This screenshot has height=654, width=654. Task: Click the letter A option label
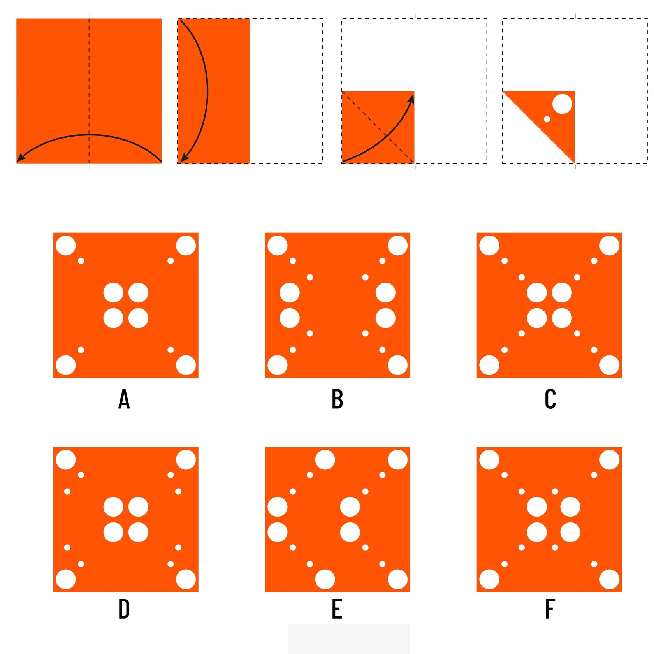click(x=124, y=399)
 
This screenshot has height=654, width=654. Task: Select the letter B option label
click(x=337, y=399)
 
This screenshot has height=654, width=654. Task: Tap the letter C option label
click(x=550, y=399)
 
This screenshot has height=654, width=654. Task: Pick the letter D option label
click(x=124, y=609)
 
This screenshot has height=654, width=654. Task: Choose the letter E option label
click(x=337, y=609)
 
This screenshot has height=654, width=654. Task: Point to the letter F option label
click(x=549, y=609)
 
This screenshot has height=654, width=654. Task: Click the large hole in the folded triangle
click(x=562, y=104)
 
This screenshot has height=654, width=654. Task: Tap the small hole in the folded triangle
click(x=547, y=119)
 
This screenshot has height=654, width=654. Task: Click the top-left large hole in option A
click(x=66, y=246)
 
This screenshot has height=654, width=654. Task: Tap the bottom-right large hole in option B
click(x=397, y=365)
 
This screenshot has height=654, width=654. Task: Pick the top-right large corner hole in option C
click(x=609, y=246)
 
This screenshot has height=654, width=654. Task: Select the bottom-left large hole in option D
click(x=66, y=579)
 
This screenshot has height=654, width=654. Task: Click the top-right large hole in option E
click(x=397, y=460)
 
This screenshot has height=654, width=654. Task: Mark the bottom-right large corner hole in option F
click(x=609, y=579)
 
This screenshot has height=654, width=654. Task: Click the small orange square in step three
click(x=378, y=127)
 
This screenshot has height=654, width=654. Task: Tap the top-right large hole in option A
click(x=186, y=246)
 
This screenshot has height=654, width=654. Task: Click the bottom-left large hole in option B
click(x=278, y=365)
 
